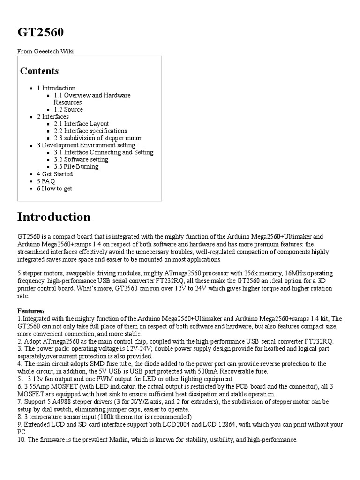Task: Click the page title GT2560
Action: [40, 32]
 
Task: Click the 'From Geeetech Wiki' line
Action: [45, 52]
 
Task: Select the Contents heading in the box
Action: [39, 71]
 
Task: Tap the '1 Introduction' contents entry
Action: [56, 88]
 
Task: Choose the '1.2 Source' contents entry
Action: [68, 110]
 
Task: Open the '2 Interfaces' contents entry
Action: [52, 117]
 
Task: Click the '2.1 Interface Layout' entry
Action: [81, 124]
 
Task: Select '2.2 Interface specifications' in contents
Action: [90, 131]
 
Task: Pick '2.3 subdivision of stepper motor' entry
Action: [97, 138]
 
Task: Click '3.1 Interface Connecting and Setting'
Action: [103, 152]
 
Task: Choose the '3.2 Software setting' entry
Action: [81, 160]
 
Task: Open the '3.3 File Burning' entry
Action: [76, 167]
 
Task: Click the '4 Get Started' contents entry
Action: [54, 174]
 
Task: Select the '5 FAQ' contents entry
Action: [46, 181]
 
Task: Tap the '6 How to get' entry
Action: [54, 188]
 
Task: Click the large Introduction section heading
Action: [54, 217]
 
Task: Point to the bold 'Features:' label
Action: [31, 311]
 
